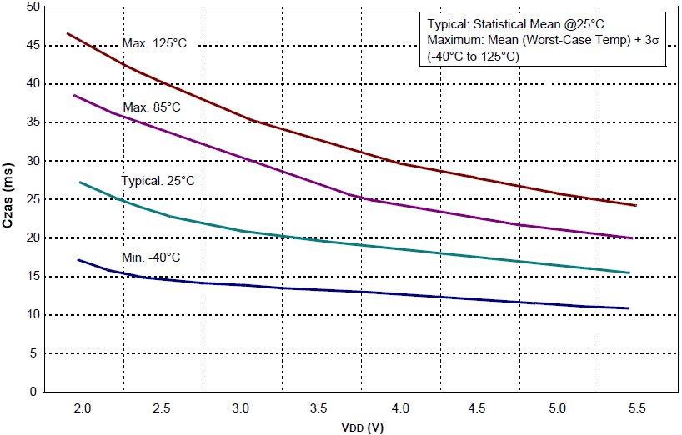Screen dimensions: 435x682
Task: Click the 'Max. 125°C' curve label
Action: click(x=154, y=43)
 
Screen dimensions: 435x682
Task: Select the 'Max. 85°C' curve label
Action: click(x=152, y=107)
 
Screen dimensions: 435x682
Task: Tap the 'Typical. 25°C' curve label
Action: click(x=158, y=181)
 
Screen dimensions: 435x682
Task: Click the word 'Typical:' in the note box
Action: click(x=449, y=24)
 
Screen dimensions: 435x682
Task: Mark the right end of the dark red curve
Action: click(x=636, y=205)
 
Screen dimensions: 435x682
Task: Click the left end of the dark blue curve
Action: click(x=78, y=259)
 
